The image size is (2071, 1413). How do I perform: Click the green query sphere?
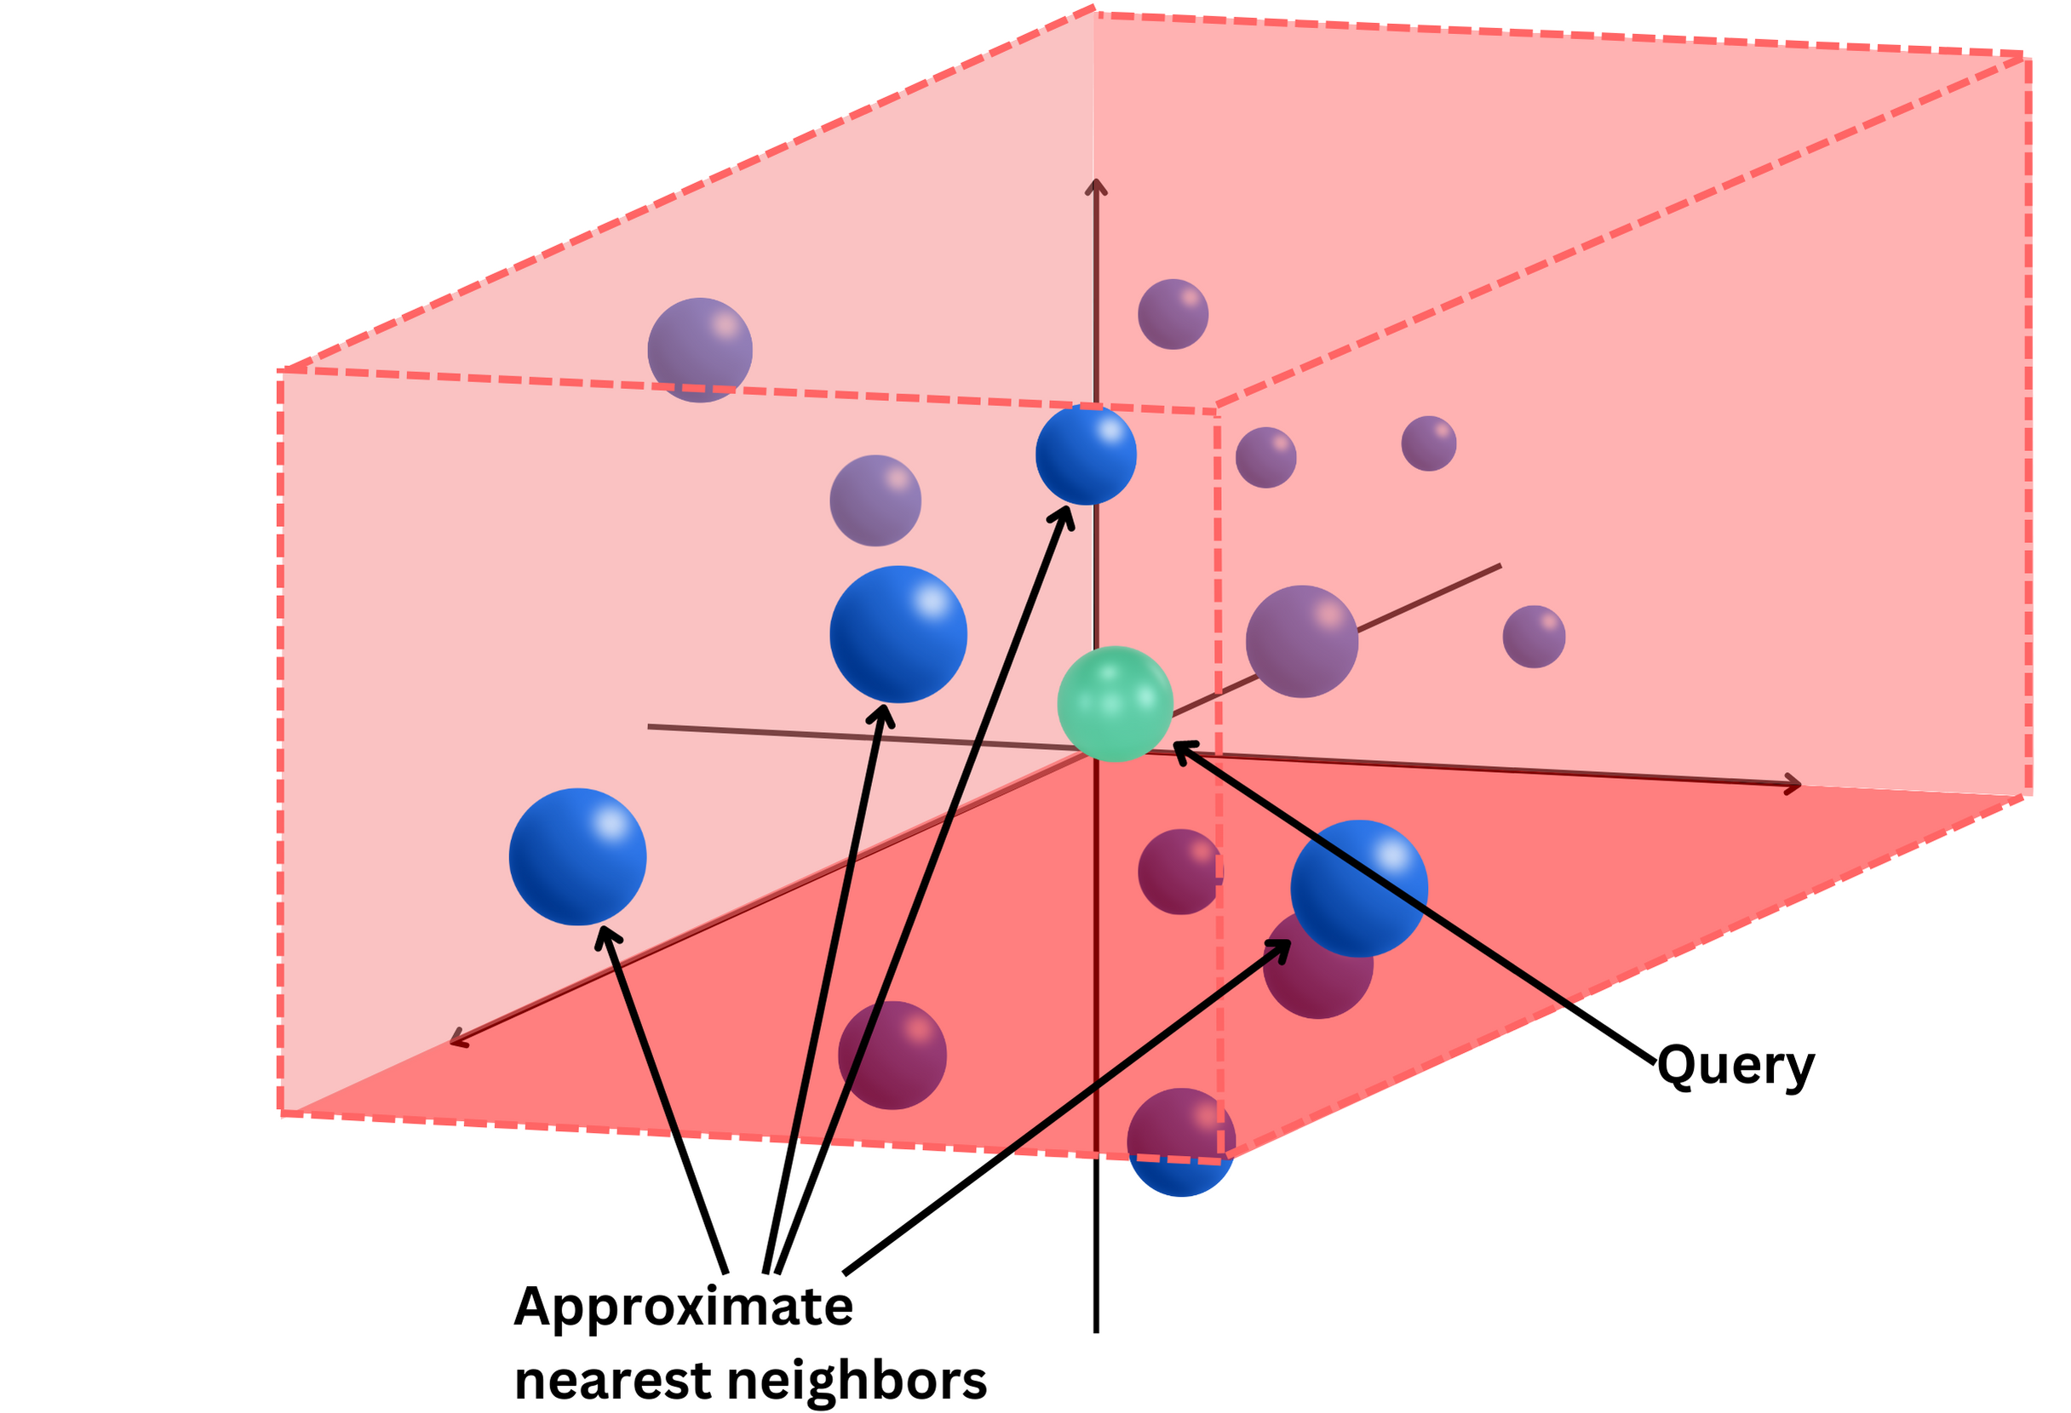point(1114,704)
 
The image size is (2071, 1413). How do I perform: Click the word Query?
point(1734,1065)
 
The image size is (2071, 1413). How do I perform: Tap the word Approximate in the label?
point(684,1307)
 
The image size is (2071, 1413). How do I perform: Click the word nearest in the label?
point(615,1381)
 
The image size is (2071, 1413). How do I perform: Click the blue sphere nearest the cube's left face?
point(577,856)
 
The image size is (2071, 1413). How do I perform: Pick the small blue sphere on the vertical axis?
point(1086,455)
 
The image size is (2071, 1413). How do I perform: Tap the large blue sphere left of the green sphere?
point(898,634)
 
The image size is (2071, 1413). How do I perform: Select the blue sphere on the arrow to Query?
point(1359,889)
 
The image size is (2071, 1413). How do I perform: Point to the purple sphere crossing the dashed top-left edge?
point(699,349)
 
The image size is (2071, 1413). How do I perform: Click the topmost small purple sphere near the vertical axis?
point(1173,313)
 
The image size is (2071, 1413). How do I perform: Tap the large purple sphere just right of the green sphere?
point(1301,642)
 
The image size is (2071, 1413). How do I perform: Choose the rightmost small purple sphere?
point(1534,636)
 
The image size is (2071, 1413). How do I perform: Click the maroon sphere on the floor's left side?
point(892,1055)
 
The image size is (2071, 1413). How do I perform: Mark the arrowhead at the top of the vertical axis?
point(1095,186)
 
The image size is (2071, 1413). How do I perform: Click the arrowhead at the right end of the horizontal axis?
point(1793,785)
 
